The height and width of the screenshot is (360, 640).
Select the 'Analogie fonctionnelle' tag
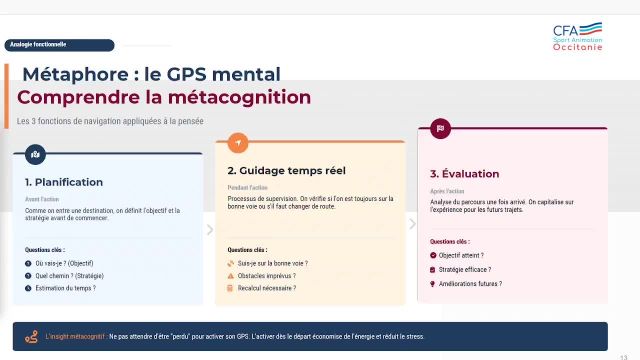[x=40, y=45]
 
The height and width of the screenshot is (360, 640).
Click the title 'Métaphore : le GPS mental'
[x=151, y=74]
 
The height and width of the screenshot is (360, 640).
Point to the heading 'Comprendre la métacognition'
[x=164, y=97]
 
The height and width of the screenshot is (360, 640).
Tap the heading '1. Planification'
[x=64, y=182]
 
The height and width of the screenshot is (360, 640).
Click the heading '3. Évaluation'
[x=463, y=173]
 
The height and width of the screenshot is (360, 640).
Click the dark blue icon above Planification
[x=36, y=154]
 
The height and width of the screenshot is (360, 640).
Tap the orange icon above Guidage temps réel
[x=237, y=142]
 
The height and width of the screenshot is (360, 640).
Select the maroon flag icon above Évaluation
[x=440, y=129]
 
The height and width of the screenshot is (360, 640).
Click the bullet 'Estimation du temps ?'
[x=65, y=288]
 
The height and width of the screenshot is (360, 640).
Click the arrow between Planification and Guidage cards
[x=210, y=230]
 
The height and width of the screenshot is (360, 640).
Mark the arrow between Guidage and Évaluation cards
[x=412, y=223]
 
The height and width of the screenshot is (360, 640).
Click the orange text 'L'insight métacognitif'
[x=75, y=337]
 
